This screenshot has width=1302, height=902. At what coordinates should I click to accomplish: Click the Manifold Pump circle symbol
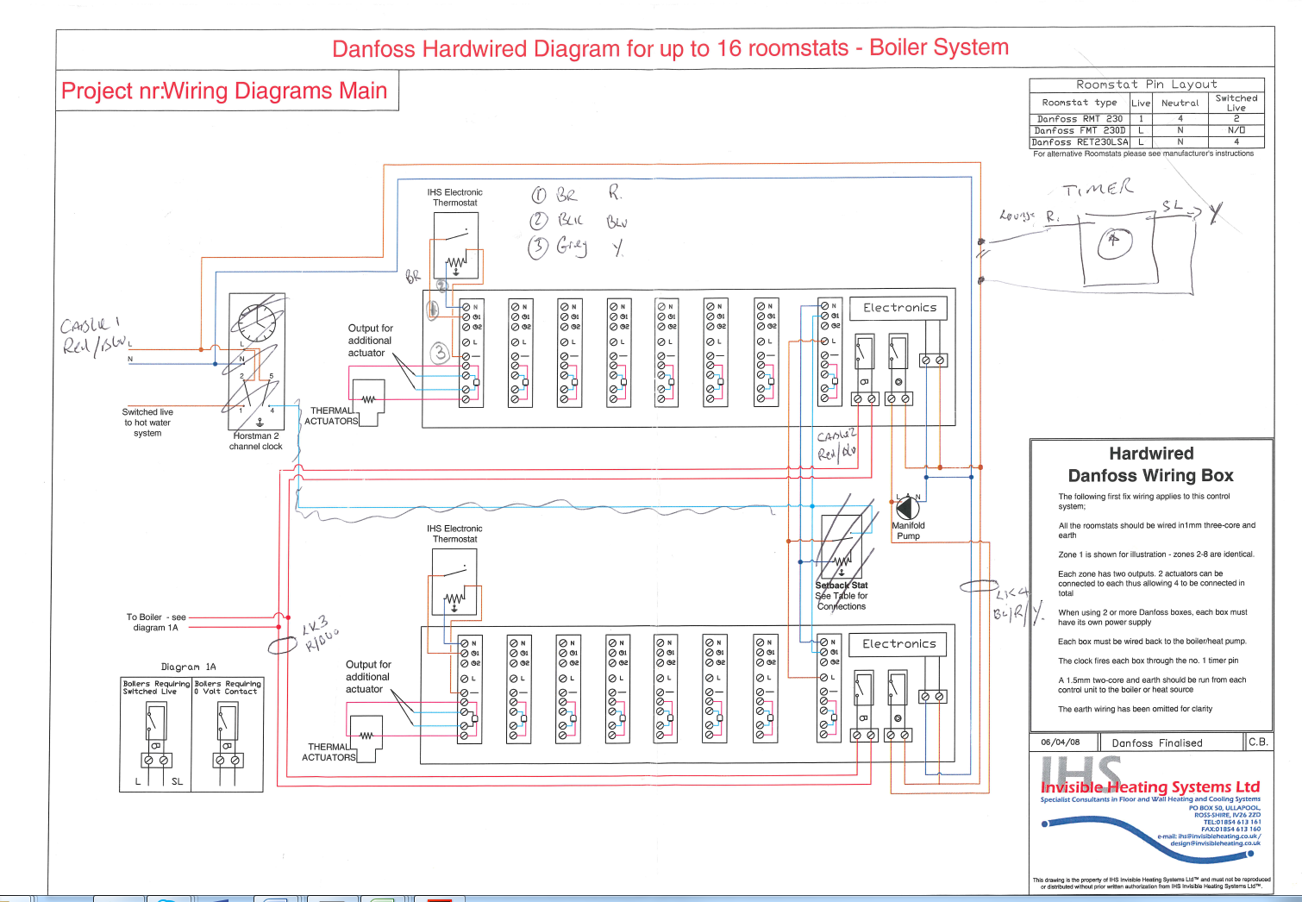(x=908, y=508)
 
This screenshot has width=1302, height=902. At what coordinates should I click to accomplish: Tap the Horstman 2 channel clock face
(x=257, y=323)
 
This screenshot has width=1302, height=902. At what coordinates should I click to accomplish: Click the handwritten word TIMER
(x=1098, y=189)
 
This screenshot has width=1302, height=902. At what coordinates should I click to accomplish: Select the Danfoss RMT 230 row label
(x=1080, y=119)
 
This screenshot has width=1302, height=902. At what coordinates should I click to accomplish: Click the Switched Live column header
(x=1236, y=103)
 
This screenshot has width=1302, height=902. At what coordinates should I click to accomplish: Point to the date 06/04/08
(x=1060, y=742)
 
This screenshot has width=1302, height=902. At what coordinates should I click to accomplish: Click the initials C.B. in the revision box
(x=1258, y=742)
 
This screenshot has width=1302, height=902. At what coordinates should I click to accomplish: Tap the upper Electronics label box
(x=899, y=308)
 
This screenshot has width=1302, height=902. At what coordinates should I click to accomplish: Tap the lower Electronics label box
(x=898, y=644)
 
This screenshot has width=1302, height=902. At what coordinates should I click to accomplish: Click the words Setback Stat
(x=842, y=586)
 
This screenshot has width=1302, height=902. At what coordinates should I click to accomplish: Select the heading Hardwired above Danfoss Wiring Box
(x=1151, y=454)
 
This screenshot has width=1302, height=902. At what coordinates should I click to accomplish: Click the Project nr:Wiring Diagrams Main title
(x=224, y=91)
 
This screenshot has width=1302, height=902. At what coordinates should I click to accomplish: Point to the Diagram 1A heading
(x=188, y=667)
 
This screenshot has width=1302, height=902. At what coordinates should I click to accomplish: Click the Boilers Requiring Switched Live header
(x=156, y=687)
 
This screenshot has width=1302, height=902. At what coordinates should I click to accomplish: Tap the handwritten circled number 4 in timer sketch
(x=1114, y=243)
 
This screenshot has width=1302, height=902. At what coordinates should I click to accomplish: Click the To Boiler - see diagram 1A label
(x=156, y=622)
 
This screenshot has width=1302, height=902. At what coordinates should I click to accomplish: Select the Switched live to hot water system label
(x=147, y=423)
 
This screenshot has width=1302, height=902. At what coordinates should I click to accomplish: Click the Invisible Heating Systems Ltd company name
(x=1149, y=787)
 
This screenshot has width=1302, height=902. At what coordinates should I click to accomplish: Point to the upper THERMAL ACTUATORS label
(x=331, y=416)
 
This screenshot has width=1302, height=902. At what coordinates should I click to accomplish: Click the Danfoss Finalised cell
(x=1156, y=742)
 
